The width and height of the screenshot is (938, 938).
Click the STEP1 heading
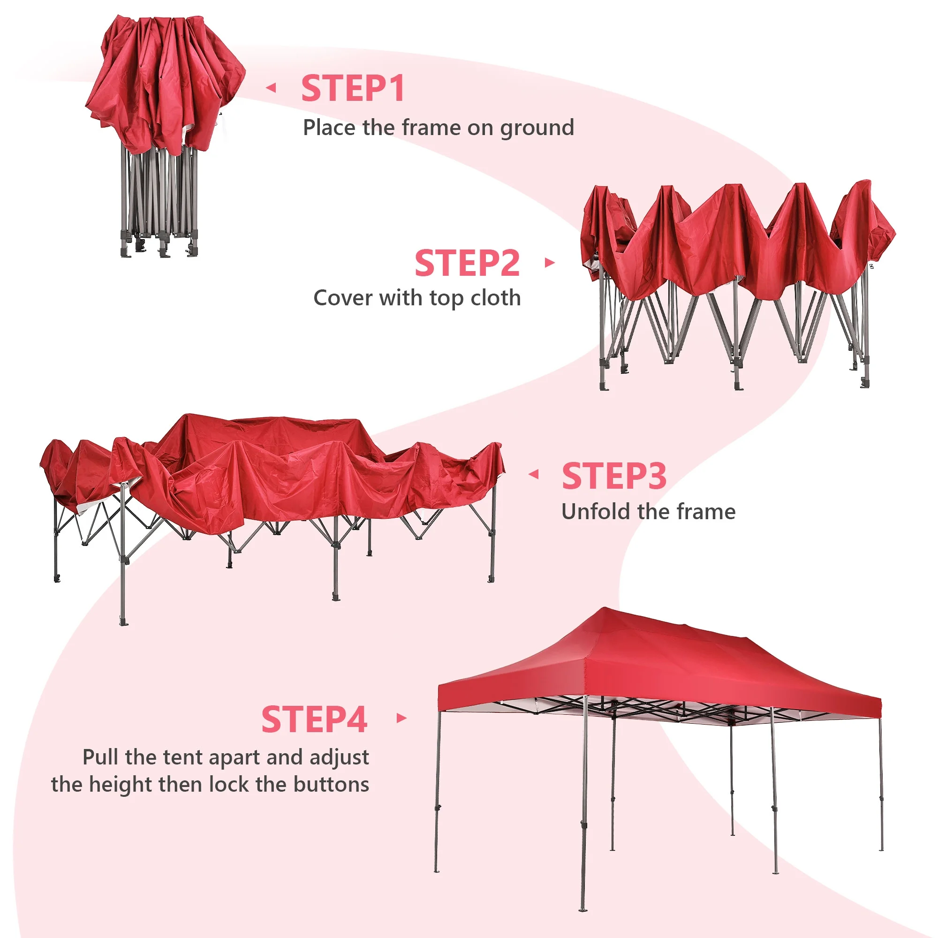pos(353,88)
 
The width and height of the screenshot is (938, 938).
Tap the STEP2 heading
pos(467,263)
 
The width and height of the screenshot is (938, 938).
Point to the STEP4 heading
pos(314,719)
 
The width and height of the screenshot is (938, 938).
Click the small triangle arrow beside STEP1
pos(271,88)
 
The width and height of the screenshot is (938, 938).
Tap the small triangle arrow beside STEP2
pos(550,263)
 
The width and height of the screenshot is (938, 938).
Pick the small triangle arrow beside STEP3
pos(534,474)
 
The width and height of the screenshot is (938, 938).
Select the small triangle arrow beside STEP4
pos(401,718)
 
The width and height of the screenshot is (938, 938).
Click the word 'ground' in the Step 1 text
pos(537,129)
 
